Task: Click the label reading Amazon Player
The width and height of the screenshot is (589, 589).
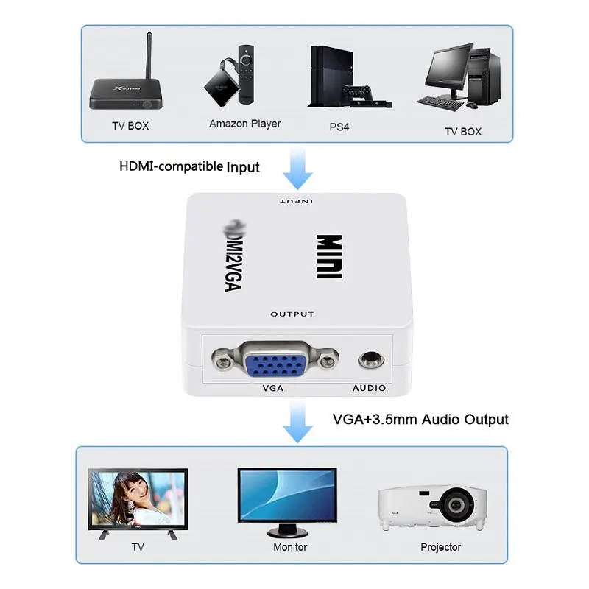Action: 244,124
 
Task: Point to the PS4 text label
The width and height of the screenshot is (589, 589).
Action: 339,127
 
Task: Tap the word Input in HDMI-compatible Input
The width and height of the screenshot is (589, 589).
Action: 243,167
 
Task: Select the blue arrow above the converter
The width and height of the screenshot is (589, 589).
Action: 297,169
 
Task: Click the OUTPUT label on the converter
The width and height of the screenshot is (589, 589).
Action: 292,314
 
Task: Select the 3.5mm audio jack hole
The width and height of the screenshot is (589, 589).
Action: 369,361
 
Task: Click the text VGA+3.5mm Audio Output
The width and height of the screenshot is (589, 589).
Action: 420,420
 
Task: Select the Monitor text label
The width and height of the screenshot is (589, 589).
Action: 290,547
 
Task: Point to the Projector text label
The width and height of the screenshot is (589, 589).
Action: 440,547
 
